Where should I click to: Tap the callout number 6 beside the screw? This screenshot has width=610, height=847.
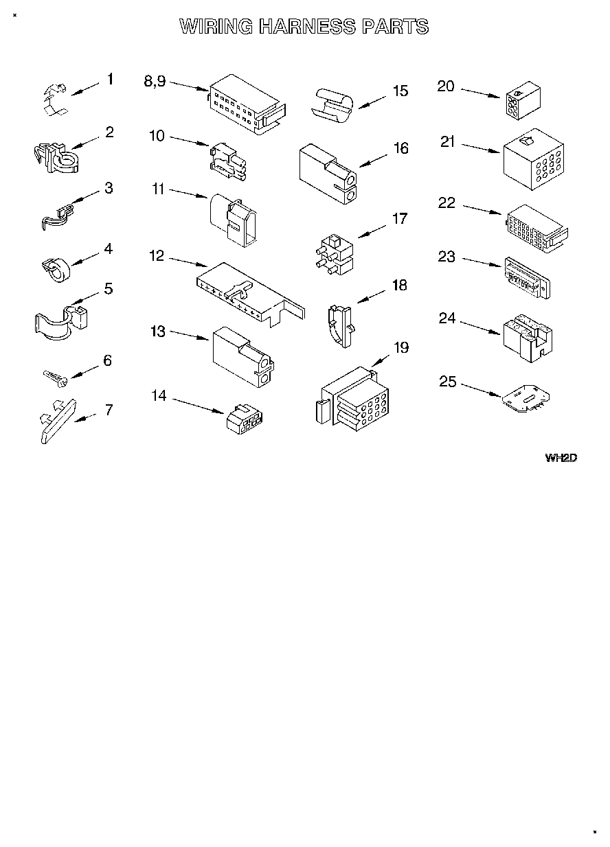(107, 361)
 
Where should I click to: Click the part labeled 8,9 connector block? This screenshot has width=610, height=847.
(247, 104)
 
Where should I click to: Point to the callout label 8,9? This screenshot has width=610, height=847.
(155, 81)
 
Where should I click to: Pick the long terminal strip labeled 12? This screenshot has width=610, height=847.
(247, 292)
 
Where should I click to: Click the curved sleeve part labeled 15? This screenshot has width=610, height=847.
(334, 105)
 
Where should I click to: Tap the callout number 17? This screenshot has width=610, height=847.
(399, 219)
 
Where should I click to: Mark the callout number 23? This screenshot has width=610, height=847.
(447, 257)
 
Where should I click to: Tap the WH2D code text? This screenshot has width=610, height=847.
(560, 458)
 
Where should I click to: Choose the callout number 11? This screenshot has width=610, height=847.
(159, 189)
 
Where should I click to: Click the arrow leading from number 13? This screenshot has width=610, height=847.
(189, 336)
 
